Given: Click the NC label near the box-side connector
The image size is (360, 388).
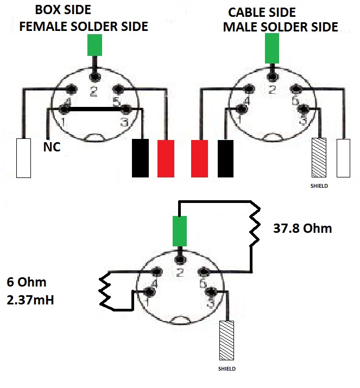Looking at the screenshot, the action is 52,147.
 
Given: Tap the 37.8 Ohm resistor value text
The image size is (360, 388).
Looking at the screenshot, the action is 302,228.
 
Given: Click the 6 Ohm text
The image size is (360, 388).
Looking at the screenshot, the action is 27,282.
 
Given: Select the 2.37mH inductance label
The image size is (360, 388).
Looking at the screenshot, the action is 30,300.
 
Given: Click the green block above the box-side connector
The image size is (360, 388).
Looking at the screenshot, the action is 94,45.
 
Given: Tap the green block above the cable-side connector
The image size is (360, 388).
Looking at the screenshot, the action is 272,48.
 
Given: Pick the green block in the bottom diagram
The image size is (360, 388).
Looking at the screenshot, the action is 180,231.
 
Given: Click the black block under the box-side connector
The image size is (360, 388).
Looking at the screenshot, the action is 141,158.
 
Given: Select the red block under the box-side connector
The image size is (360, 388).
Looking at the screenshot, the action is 166,158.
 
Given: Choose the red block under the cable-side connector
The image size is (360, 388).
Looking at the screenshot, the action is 199,158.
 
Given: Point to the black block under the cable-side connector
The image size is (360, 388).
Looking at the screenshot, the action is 225,158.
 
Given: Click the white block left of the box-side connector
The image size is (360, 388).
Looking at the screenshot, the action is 23,158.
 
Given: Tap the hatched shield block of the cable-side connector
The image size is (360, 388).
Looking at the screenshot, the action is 319,157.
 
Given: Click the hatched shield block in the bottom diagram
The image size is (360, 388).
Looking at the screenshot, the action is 226,340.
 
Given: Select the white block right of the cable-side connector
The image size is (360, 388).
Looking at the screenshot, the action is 343,158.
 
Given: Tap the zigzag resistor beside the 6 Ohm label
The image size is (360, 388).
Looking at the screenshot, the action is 105,291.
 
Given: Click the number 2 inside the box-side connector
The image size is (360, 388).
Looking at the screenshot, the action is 93,92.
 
